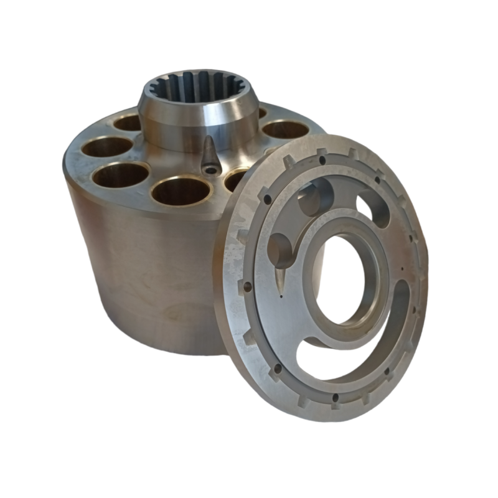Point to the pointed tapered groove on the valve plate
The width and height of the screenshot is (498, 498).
[280, 274]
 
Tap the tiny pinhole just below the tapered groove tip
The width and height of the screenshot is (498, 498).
[281, 297]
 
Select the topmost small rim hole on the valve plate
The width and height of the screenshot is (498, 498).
[323, 160]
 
